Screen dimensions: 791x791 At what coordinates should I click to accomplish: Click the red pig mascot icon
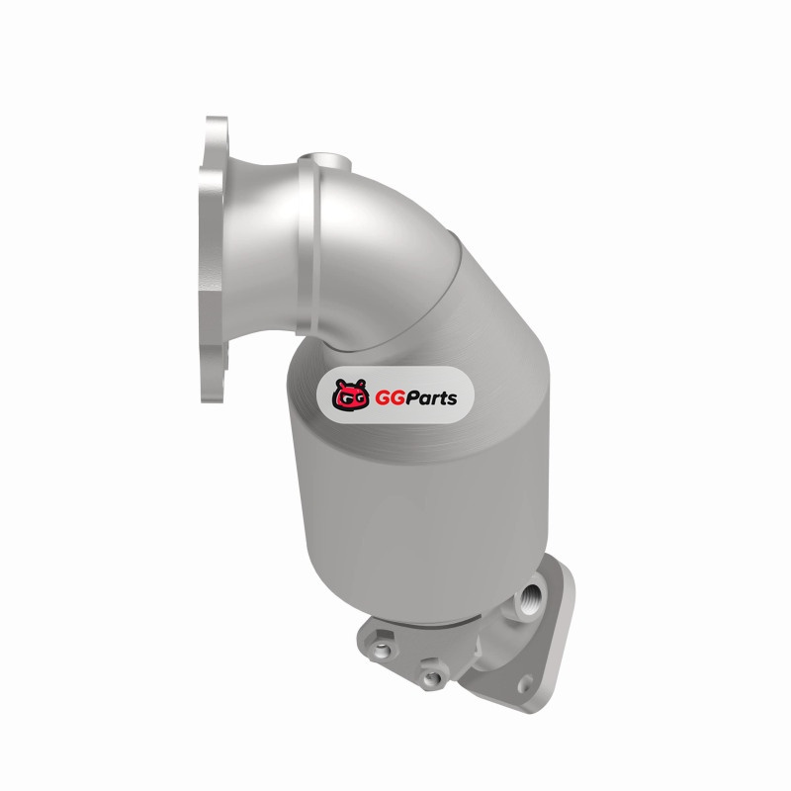click(x=351, y=395)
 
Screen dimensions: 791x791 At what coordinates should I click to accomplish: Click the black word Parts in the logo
click(x=431, y=398)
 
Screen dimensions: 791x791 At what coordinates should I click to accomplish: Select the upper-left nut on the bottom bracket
click(x=383, y=650)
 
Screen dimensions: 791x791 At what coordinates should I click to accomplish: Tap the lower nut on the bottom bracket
click(x=431, y=677)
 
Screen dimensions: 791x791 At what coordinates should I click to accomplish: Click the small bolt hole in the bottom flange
click(x=525, y=682)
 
